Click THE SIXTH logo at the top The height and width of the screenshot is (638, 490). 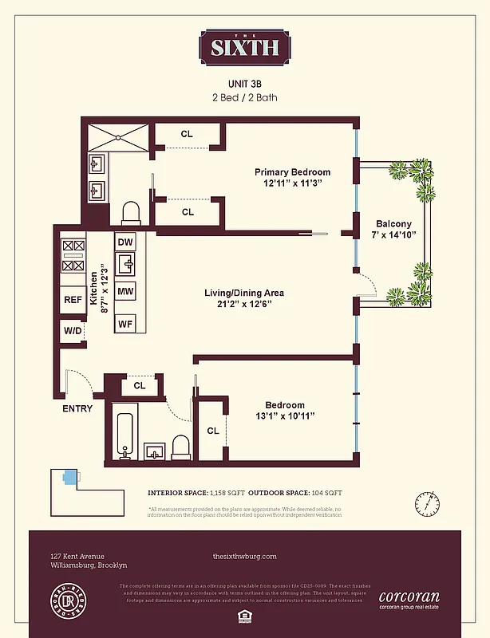coord(244,47)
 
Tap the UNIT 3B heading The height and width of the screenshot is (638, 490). coord(245,82)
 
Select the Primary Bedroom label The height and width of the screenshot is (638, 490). coord(292,172)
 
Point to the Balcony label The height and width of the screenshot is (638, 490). coord(393,224)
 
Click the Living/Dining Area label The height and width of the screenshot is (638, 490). coord(244,293)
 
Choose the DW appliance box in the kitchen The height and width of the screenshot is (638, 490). coord(125,242)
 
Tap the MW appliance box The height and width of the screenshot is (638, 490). coord(125,292)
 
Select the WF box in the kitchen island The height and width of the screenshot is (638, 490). coord(125,324)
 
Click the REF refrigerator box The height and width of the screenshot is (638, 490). coord(73,301)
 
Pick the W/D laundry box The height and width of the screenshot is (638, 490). coord(72,330)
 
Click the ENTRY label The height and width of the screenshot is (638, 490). coord(77,408)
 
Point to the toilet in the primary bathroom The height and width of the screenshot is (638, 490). coord(131,212)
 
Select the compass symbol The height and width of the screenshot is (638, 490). coord(427,503)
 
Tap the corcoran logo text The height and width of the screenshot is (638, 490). coord(409,596)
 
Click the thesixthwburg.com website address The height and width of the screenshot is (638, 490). coord(245,556)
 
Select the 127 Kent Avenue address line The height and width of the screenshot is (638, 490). coord(77,556)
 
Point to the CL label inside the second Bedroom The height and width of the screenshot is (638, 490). coord(213,431)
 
